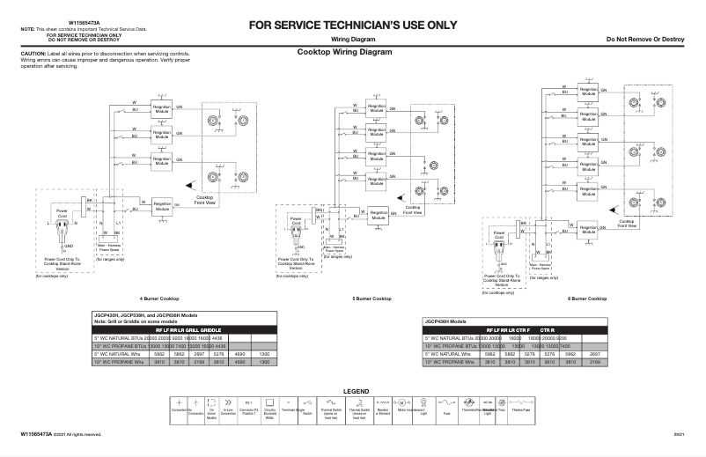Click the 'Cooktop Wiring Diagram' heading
pos(344,52)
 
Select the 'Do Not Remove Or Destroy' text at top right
pos(645,41)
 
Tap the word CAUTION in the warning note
pos(19,54)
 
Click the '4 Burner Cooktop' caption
pos(159,299)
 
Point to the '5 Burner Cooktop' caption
pos(372,299)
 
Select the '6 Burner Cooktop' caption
pos(586,299)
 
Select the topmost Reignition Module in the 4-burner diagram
pos(162,110)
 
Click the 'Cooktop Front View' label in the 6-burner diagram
pos(626,224)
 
